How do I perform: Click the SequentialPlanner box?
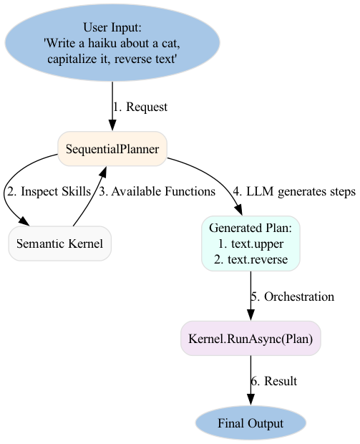(112, 149)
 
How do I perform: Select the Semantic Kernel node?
(59, 243)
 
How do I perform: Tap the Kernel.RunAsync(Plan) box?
(250, 339)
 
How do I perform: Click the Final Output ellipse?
(250, 423)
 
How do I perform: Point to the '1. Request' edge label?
(140, 107)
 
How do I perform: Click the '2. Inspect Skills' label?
(49, 191)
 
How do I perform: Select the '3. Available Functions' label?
(157, 191)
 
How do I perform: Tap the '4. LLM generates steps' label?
(294, 192)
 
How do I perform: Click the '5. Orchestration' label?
(293, 296)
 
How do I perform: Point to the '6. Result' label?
(274, 381)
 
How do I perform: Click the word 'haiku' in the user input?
(103, 43)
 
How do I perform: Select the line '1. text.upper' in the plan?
(250, 243)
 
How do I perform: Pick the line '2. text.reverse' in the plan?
(250, 259)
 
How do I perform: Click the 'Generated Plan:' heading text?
(250, 228)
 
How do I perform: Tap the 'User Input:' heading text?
(112, 27)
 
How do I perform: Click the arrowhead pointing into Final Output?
(250, 400)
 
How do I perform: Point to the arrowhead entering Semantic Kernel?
(24, 221)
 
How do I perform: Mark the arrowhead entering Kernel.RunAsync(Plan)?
(250, 315)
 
